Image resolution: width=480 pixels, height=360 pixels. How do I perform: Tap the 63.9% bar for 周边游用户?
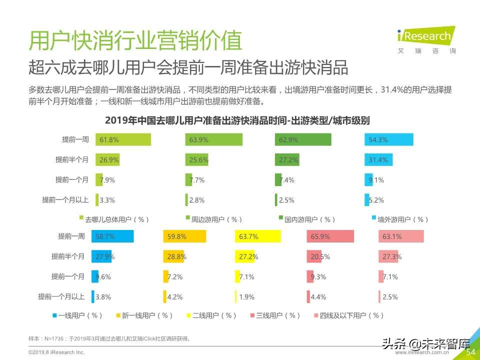click(x=214, y=140)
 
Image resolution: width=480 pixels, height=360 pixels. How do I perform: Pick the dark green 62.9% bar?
click(x=303, y=140)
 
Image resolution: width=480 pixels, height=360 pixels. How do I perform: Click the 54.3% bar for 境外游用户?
click(x=389, y=140)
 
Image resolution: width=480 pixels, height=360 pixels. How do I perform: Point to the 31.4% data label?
click(x=378, y=160)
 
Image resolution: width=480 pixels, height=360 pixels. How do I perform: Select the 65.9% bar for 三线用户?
click(x=330, y=236)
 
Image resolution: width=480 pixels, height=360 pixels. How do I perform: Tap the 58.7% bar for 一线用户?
click(x=112, y=236)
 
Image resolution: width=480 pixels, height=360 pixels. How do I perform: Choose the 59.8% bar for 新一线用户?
click(x=185, y=236)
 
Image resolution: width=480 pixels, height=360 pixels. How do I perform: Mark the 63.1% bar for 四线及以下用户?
click(x=401, y=236)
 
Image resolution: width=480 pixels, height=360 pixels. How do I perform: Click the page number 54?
click(x=470, y=352)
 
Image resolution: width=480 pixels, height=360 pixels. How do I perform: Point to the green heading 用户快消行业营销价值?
click(x=135, y=40)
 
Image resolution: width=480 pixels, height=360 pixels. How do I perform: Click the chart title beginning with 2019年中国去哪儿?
click(x=237, y=120)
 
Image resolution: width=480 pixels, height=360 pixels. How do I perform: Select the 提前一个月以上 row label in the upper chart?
click(x=65, y=200)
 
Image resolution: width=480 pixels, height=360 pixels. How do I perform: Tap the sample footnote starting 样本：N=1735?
click(x=109, y=338)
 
